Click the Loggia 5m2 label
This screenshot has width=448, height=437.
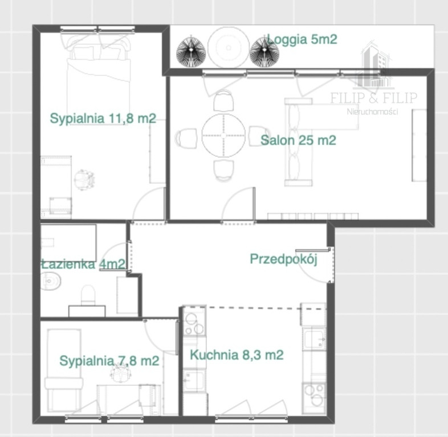302,39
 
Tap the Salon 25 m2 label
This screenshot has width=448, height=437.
298,141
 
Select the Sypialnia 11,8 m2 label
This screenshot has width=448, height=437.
103,118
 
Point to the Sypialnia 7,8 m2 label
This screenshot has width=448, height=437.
109,361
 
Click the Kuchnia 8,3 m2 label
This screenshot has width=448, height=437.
237,355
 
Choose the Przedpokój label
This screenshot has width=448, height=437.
284,259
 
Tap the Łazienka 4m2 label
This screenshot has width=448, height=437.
83,264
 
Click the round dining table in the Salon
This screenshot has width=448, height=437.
223,135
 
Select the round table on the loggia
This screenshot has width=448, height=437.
229,47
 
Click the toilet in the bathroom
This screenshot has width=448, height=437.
88,294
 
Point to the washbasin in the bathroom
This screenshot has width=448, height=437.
51,281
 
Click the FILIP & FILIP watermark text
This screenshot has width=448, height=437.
374,98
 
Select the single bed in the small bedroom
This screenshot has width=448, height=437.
64,370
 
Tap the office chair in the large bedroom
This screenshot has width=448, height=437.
84,180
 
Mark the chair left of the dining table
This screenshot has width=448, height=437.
186,138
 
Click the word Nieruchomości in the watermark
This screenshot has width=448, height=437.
372,112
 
